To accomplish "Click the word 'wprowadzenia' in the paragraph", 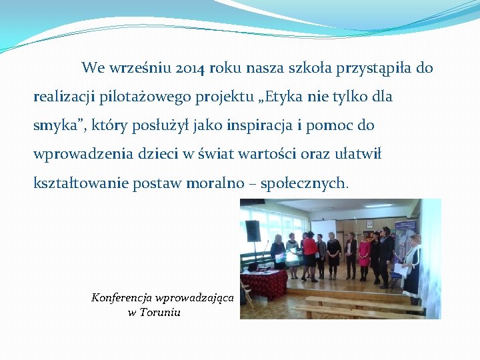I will [x=78, y=154].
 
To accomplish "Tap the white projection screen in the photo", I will [x=325, y=230].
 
